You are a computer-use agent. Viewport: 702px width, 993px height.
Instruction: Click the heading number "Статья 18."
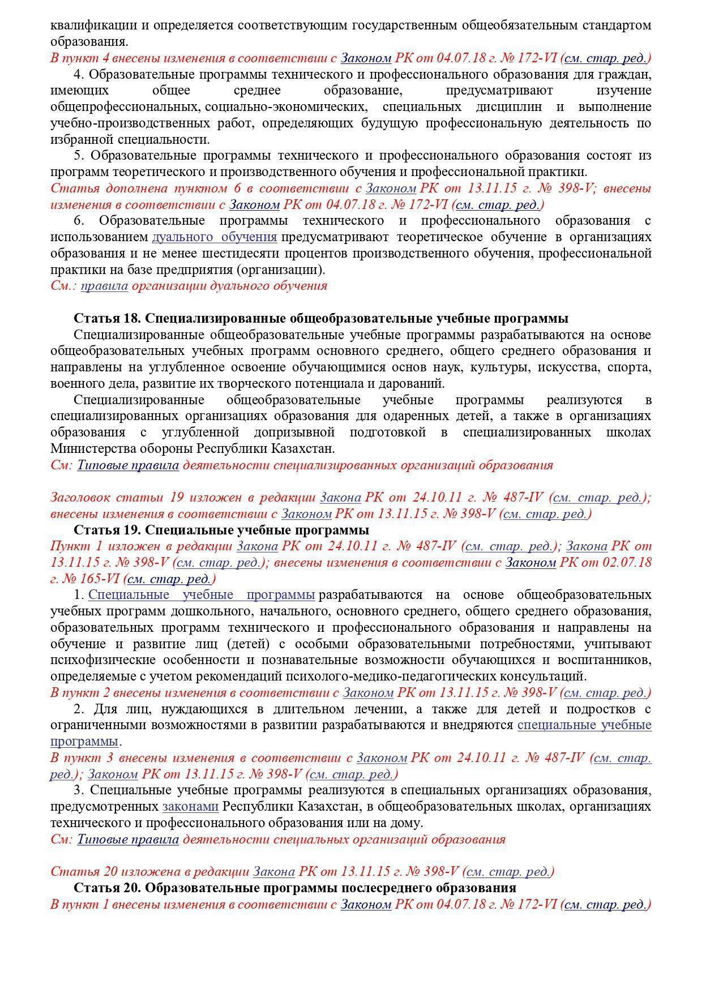click(108, 318)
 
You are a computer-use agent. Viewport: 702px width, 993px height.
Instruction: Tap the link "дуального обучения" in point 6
click(214, 237)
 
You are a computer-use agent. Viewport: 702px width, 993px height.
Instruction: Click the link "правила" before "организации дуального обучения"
click(104, 285)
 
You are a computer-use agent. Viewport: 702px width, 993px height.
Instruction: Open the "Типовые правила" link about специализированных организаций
click(128, 465)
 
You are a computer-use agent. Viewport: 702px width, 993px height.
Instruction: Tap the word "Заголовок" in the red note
click(80, 498)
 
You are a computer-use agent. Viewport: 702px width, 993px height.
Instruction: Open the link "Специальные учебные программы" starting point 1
click(201, 595)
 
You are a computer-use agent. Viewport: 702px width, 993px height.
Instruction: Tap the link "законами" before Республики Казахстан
click(190, 806)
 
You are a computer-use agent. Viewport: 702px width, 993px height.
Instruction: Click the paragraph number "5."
click(80, 156)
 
